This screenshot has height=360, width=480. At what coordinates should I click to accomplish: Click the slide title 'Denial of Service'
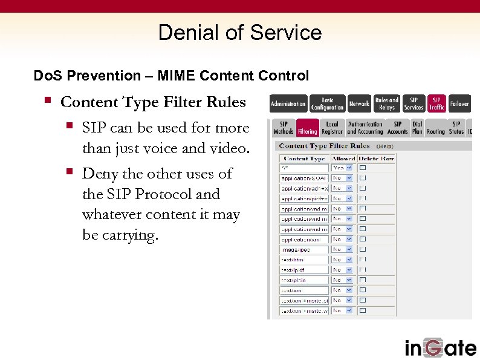tap(239, 33)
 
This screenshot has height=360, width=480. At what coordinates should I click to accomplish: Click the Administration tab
tap(288, 103)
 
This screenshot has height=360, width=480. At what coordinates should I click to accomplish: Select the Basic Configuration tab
tap(327, 103)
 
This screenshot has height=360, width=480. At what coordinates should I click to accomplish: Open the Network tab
tap(359, 103)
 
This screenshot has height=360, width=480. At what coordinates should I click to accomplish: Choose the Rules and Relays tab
tap(387, 103)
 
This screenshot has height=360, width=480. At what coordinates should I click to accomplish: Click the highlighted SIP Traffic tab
tap(436, 103)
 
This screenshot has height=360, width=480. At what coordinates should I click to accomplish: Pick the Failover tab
tap(459, 103)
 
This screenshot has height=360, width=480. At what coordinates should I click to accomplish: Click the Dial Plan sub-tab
tap(417, 128)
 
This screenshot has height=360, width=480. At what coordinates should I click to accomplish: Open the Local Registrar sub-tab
tap(332, 128)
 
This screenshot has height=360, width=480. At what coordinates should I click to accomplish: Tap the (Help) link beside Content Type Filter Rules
tap(385, 146)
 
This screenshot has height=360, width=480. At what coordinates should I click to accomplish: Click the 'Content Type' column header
tap(304, 159)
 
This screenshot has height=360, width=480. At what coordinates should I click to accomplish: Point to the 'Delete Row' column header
tap(376, 159)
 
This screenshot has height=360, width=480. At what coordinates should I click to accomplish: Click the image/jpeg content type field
tap(304, 249)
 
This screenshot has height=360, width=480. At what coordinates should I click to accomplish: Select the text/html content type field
tap(304, 260)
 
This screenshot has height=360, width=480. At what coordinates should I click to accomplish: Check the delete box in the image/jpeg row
tap(363, 249)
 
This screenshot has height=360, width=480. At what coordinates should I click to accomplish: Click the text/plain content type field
tap(304, 280)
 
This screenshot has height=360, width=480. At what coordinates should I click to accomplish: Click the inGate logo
tap(440, 348)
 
